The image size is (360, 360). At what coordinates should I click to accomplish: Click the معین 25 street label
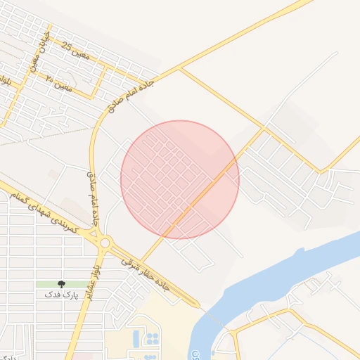coord(76,50)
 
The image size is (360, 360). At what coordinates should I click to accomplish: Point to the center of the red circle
coord(180,179)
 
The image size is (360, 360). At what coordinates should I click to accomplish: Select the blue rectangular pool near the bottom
coord(136,339)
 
